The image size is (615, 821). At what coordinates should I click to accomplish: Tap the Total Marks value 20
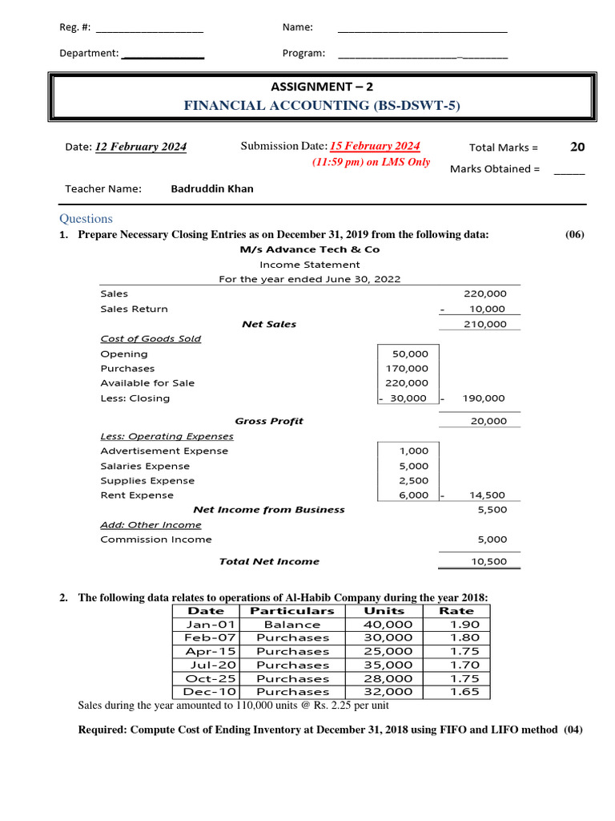pyautogui.click(x=577, y=147)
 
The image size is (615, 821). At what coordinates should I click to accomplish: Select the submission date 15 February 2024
pyautogui.click(x=376, y=146)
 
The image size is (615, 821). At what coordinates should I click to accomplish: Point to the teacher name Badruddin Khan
pyautogui.click(x=212, y=189)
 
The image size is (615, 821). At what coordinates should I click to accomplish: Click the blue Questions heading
pyautogui.click(x=86, y=219)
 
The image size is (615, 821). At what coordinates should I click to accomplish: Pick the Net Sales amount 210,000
pyautogui.click(x=485, y=324)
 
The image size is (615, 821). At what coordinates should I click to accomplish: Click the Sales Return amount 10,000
pyautogui.click(x=488, y=309)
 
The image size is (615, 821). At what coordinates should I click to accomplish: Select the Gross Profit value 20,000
pyautogui.click(x=488, y=421)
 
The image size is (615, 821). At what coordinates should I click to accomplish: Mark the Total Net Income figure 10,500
pyautogui.click(x=488, y=561)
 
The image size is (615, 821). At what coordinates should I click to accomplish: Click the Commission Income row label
pyautogui.click(x=156, y=540)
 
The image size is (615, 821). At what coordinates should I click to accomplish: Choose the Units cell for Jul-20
pyautogui.click(x=388, y=665)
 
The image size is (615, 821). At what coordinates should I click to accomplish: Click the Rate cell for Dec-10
pyautogui.click(x=464, y=691)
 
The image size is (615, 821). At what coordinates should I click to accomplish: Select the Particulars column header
pyautogui.click(x=291, y=611)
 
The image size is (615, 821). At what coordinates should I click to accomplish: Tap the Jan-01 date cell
pyautogui.click(x=210, y=625)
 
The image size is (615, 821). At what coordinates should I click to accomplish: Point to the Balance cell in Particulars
pyautogui.click(x=291, y=625)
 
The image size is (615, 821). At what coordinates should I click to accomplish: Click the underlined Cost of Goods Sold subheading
pyautogui.click(x=151, y=338)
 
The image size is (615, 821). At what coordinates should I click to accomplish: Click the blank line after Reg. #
pyautogui.click(x=149, y=28)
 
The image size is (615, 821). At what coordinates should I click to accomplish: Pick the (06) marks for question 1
pyautogui.click(x=574, y=235)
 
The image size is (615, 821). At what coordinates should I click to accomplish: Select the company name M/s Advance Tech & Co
pyautogui.click(x=310, y=249)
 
